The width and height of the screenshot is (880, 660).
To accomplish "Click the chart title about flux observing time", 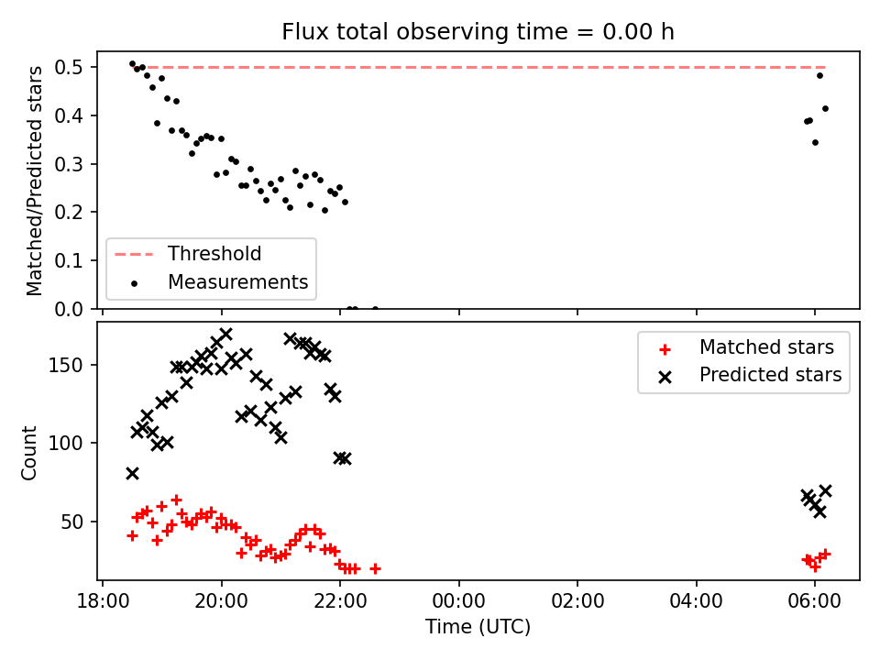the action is (x=478, y=32).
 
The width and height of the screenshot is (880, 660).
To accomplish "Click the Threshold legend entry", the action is (x=188, y=254).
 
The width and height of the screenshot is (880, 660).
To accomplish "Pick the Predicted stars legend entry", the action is (x=751, y=375).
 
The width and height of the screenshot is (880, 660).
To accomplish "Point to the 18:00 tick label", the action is (x=103, y=601).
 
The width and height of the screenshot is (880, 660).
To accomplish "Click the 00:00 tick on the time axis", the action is (x=459, y=601).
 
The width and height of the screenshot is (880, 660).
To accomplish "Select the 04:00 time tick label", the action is (x=697, y=601).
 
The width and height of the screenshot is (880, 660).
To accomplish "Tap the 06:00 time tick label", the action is (x=815, y=601).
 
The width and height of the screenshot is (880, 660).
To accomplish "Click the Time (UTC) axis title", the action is (x=478, y=626).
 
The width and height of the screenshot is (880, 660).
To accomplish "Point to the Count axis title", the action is (x=29, y=453).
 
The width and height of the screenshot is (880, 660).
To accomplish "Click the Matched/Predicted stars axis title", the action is (x=34, y=181).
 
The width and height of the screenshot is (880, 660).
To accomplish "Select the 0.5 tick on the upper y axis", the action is (x=69, y=67).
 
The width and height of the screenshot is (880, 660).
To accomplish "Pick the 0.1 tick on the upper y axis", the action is (x=69, y=260).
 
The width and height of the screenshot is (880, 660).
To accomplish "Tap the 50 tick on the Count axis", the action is (x=71, y=522).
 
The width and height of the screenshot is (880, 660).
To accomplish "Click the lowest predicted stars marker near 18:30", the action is (x=132, y=474).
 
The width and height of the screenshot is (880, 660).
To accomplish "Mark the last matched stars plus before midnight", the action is (x=376, y=568).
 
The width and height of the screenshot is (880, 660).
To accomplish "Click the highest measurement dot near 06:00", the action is (x=819, y=76).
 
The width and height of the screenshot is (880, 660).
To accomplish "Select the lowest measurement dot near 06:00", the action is (x=816, y=143).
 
